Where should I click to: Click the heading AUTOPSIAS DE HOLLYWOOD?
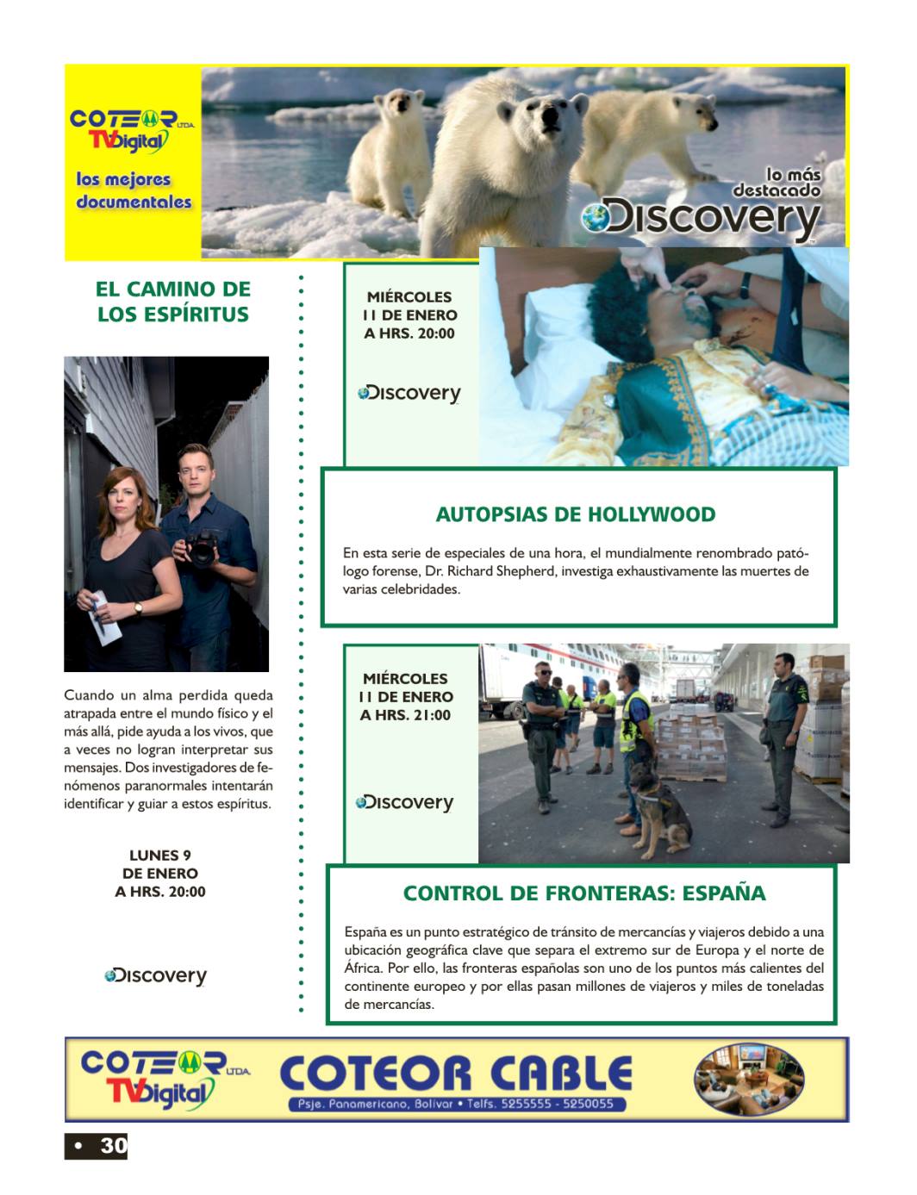[x=575, y=515]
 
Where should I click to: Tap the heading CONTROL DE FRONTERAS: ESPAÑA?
[x=583, y=893]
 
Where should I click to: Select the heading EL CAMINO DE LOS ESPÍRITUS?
[x=173, y=302]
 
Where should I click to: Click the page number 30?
[x=113, y=1146]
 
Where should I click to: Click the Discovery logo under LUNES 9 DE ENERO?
[x=156, y=976]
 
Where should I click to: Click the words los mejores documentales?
[x=134, y=190]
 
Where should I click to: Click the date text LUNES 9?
[x=160, y=856]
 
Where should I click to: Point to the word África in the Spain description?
[x=363, y=968]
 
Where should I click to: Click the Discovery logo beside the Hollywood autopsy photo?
[x=409, y=394]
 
